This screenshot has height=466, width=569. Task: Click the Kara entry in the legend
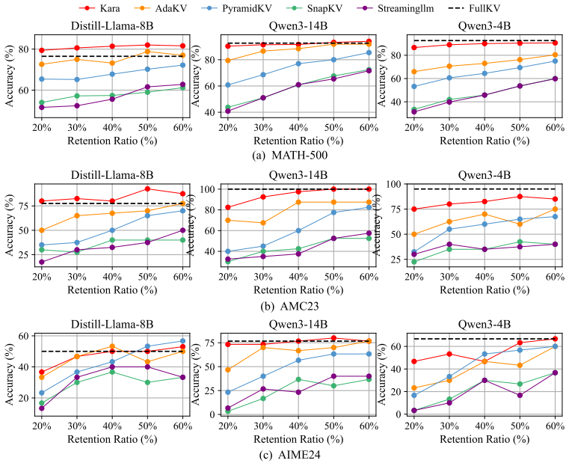99,8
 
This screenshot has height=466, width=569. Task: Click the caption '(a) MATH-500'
289,156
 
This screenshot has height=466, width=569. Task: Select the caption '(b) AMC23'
289,307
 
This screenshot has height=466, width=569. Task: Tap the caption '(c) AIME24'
289,454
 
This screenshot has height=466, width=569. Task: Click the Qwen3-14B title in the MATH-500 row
298,25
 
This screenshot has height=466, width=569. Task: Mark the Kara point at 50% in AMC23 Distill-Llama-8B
147,188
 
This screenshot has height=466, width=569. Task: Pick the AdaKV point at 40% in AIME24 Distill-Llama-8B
112,346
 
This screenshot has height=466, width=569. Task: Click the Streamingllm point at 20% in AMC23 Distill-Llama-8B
41,262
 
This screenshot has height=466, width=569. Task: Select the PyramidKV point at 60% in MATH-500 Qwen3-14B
369,52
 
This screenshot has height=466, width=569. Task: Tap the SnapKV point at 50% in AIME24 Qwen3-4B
520,384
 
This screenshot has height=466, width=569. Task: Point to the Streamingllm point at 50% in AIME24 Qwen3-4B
520,395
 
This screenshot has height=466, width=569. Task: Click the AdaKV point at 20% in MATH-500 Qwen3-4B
414,72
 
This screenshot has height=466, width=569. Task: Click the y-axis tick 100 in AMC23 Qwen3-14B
209,189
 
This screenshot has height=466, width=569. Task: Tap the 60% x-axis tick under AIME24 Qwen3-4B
556,426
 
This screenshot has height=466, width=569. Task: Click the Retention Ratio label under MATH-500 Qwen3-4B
485,141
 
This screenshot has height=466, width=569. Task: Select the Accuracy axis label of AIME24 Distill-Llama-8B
10,375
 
